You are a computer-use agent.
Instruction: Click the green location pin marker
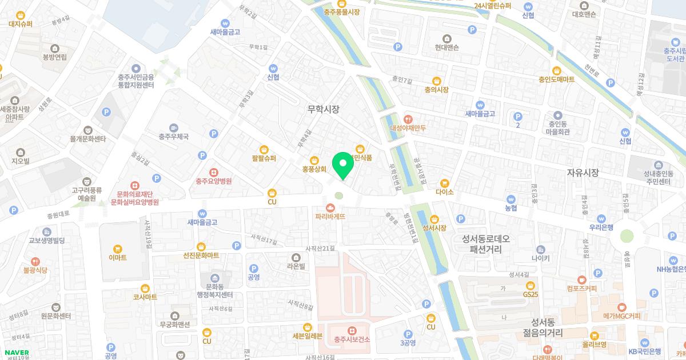343,165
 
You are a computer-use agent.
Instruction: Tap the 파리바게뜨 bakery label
330,217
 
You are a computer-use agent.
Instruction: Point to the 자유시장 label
582,172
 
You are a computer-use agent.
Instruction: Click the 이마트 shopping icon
118,249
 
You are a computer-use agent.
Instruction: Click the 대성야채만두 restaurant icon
408,119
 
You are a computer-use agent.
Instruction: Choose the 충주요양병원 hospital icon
213,171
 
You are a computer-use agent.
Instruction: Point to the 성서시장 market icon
434,218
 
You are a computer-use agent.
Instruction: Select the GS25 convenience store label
531,294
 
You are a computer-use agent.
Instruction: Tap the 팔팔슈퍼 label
264,158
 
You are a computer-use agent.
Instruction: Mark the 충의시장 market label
436,90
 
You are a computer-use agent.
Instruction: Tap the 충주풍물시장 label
341,11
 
